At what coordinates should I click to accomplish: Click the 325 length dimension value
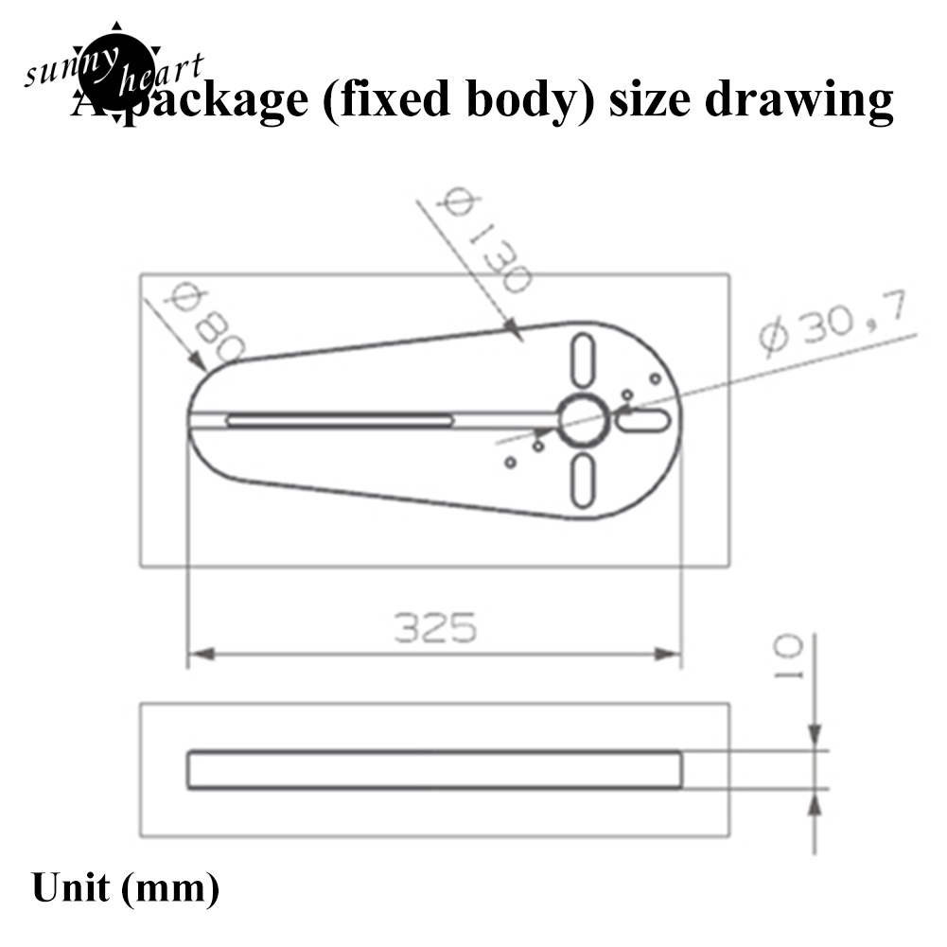435,628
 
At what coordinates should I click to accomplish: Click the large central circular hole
583,421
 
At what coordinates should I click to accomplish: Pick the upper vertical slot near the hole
583,359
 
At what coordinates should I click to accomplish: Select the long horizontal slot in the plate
341,420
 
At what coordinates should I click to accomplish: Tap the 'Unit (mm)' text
125,889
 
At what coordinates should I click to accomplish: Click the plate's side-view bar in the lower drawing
434,770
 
